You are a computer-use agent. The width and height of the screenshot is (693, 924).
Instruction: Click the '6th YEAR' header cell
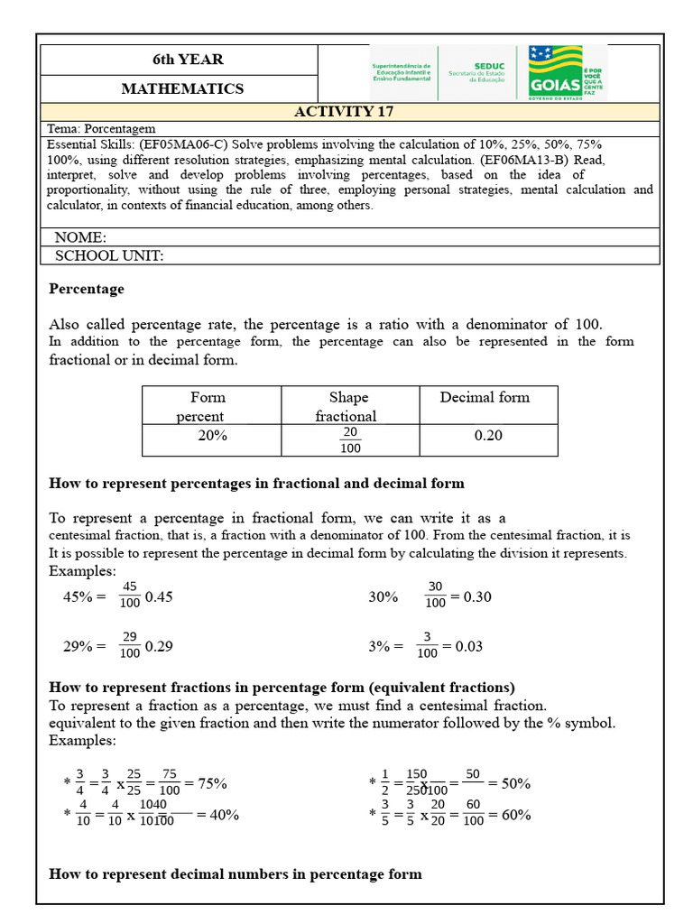[x=188, y=60]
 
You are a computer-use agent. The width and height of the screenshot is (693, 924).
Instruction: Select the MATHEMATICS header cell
[x=182, y=88]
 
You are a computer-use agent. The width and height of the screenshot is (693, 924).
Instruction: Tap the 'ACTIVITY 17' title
[x=343, y=112]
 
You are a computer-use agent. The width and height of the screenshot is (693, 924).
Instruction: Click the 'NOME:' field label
[x=80, y=237]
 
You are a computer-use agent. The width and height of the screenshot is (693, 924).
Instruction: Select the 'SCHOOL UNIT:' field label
[x=109, y=255]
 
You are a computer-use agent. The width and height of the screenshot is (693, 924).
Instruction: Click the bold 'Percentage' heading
[x=87, y=290]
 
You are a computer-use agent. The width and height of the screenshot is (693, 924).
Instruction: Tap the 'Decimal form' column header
[x=485, y=397]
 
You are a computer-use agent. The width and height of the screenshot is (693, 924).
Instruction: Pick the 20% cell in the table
[x=212, y=436]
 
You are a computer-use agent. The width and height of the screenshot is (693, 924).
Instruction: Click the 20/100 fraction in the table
[x=349, y=440]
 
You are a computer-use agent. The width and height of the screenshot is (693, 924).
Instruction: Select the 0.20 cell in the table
[x=488, y=436]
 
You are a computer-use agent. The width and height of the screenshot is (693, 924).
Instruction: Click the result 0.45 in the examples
[x=159, y=597]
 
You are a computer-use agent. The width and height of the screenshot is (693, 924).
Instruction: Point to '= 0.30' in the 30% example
[x=470, y=597]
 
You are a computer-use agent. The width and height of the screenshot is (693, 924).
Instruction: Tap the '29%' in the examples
[x=79, y=647]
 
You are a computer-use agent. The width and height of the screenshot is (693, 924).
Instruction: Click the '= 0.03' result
[x=462, y=647]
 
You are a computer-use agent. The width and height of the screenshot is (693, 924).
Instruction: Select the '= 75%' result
[x=206, y=783]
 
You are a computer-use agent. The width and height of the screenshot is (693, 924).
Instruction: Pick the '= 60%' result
[x=509, y=815]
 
